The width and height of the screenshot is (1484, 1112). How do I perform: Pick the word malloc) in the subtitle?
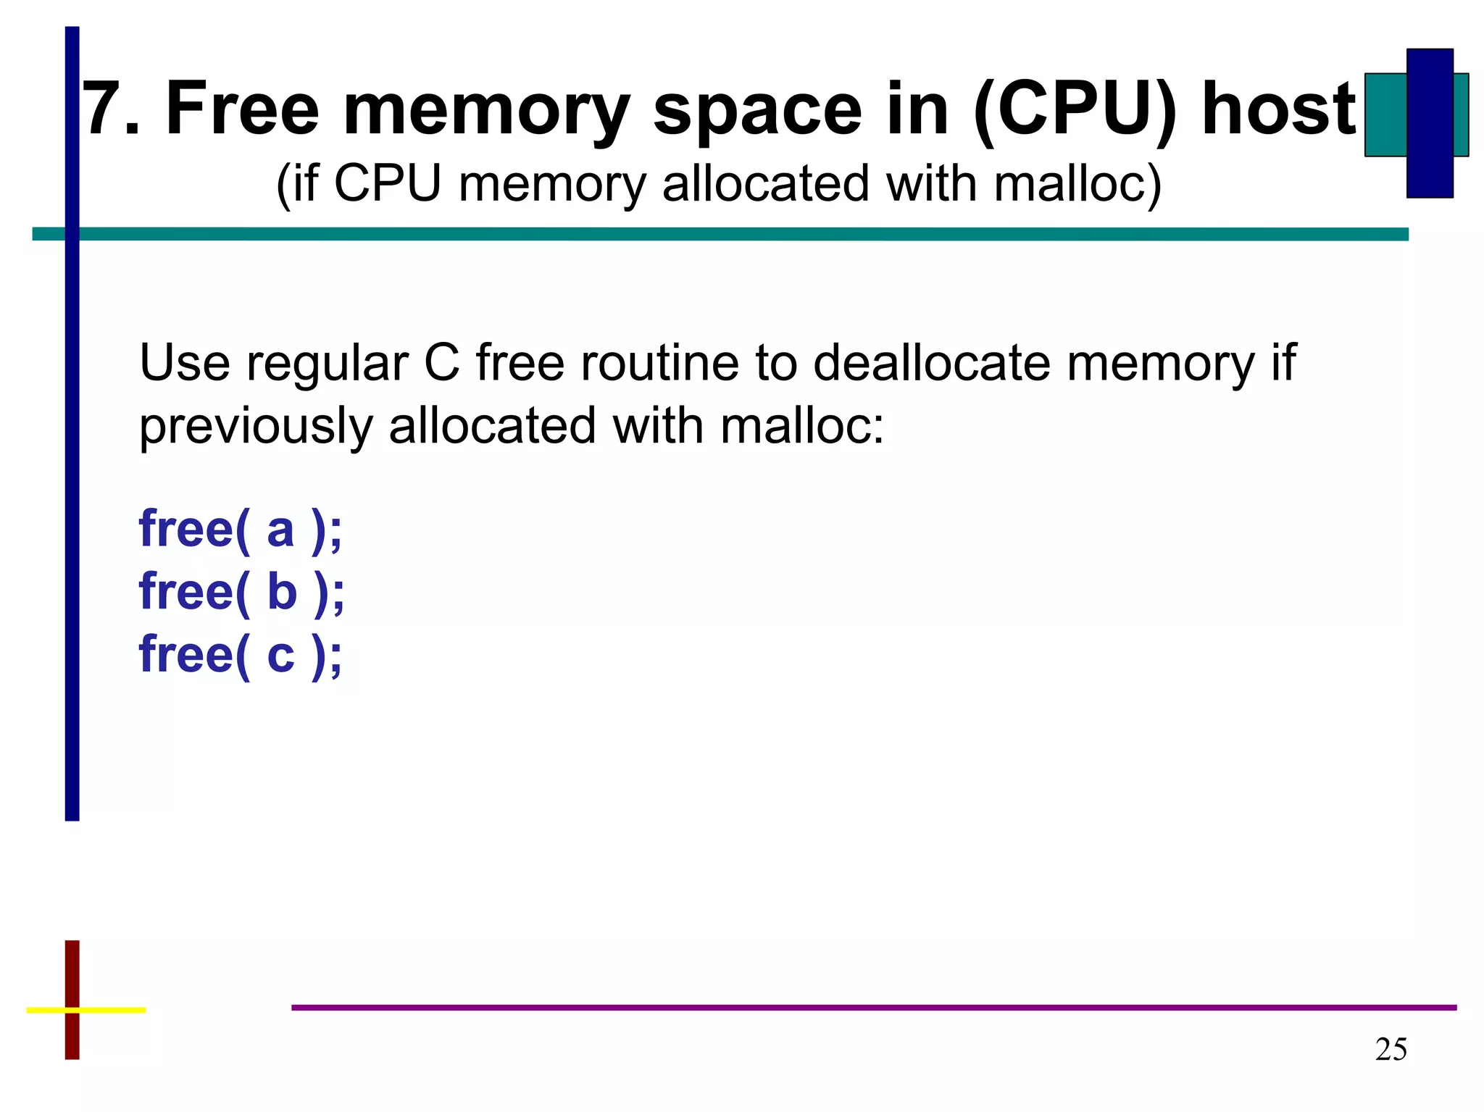pos(1077,184)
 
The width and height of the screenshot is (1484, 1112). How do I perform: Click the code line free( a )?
pos(240,530)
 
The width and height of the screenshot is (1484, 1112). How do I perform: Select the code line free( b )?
pos(241,593)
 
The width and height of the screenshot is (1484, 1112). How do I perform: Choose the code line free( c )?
pos(240,655)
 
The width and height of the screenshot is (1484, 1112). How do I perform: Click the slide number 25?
pos(1391,1050)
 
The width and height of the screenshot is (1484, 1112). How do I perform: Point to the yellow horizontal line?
pos(109,1009)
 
